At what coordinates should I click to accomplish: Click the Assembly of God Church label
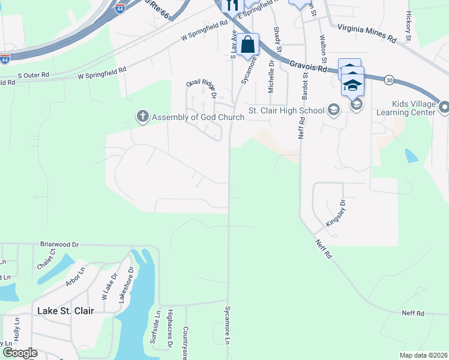(x=197, y=117)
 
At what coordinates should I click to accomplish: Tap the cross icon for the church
(x=143, y=116)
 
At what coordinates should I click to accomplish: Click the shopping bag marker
(x=247, y=44)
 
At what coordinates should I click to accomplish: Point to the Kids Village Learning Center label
(x=405, y=107)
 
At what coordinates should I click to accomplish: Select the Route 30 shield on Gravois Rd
(x=390, y=79)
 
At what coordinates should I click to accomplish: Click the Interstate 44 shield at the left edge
(x=5, y=59)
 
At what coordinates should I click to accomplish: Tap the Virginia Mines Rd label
(x=367, y=32)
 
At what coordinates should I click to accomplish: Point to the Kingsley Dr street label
(x=336, y=213)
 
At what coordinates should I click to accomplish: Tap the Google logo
(x=19, y=353)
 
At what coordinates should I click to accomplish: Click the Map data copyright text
(x=423, y=355)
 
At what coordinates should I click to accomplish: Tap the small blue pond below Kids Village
(x=411, y=156)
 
